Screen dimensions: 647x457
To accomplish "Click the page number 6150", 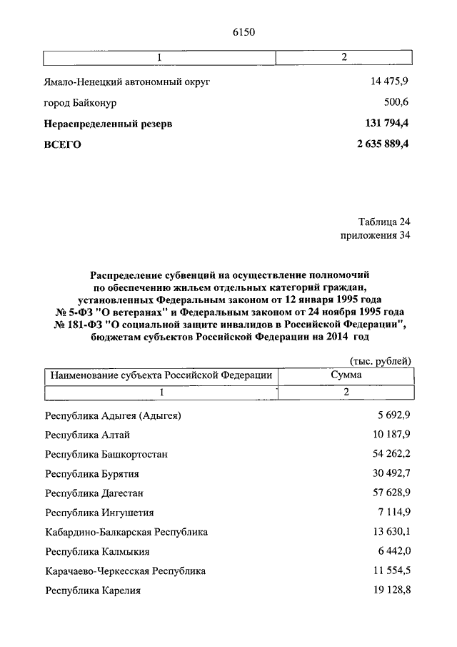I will pos(243,31).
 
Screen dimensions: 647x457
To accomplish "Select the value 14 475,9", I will pos(389,82).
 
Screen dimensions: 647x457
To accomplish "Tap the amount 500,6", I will pos(397,102).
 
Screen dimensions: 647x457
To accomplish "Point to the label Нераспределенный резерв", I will pos(108,124).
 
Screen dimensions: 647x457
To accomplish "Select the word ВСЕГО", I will pos(63,144).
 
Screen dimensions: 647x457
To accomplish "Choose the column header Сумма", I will pos(346,375).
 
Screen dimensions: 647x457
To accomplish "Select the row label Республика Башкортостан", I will pos(106,455).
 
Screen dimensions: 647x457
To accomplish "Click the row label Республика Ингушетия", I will pos(99,513).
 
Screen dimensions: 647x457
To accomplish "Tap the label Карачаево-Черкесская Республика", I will pos(125,572).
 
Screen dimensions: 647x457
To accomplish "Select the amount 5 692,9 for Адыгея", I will pos(393,415).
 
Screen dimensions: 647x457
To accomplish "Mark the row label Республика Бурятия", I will pos(91,474).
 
